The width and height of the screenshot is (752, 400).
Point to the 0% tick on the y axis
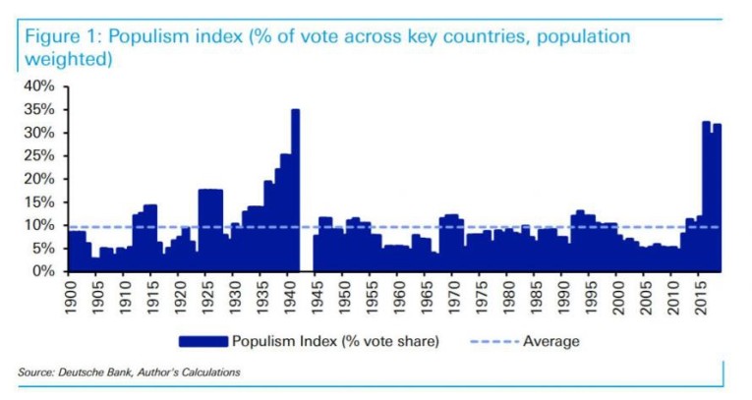pyautogui.click(x=41, y=271)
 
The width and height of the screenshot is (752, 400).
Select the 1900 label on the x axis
pyautogui.click(x=70, y=296)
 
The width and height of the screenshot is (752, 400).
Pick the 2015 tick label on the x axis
pyautogui.click(x=702, y=296)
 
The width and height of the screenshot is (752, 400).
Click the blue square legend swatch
pyautogui.click(x=202, y=342)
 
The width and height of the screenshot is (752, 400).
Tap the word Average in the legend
pyautogui.click(x=550, y=342)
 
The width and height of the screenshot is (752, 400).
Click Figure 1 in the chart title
pyautogui.click(x=58, y=37)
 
